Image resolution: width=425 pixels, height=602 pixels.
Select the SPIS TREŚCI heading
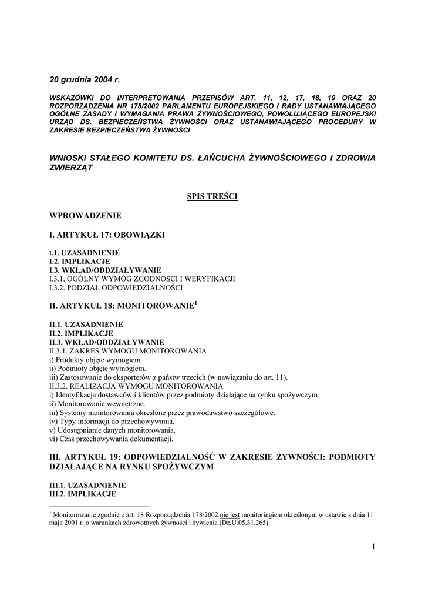pyautogui.click(x=212, y=196)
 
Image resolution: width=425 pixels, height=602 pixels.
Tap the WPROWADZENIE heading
pyautogui.click(x=85, y=215)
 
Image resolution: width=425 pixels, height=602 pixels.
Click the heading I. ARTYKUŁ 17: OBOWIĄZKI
pyautogui.click(x=107, y=235)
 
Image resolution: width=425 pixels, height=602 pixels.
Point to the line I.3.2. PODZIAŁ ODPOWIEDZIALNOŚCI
pyautogui.click(x=116, y=288)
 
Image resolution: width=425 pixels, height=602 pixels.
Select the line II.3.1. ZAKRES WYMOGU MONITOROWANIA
pyautogui.click(x=127, y=351)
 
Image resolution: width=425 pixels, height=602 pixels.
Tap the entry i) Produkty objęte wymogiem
pyautogui.click(x=96, y=360)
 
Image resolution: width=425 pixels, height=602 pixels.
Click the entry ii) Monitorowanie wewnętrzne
pyautogui.click(x=97, y=404)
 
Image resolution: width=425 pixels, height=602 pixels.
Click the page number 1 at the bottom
pyautogui.click(x=373, y=547)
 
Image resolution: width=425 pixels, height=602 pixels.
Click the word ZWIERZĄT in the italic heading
pyautogui.click(x=71, y=168)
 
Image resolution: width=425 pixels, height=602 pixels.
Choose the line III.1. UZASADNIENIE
pyautogui.click(x=87, y=486)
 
